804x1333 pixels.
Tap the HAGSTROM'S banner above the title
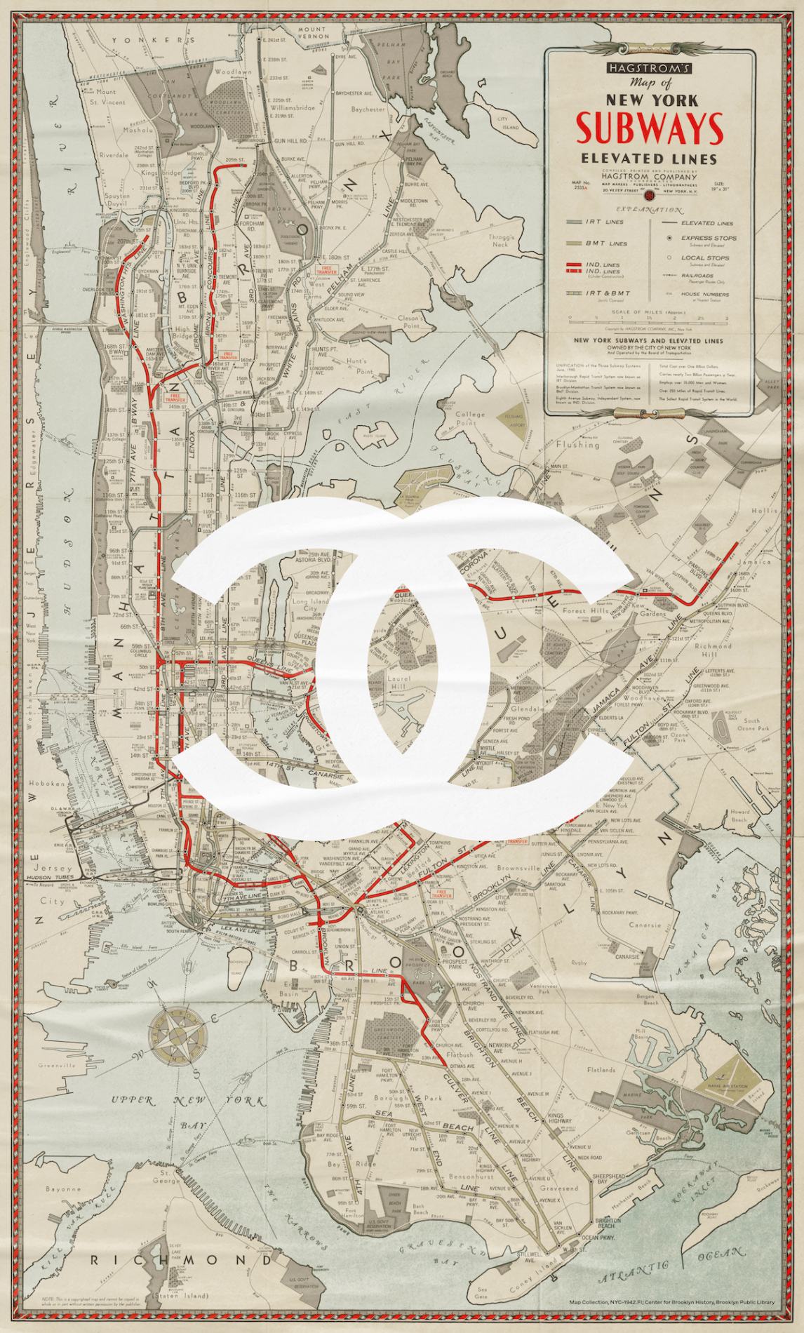click(x=649, y=68)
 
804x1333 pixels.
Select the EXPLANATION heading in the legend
click(x=648, y=210)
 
